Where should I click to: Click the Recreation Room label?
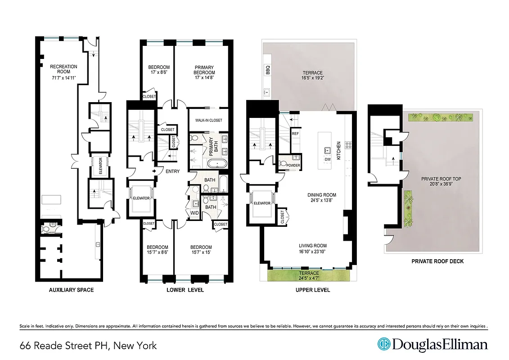pyautogui.click(x=63, y=69)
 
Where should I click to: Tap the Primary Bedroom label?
pyautogui.click(x=204, y=70)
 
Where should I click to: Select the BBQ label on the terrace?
pyautogui.click(x=267, y=71)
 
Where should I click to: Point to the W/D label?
pyautogui.click(x=195, y=213)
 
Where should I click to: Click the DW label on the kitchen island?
pyautogui.click(x=327, y=159)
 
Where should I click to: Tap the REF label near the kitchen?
pyautogui.click(x=295, y=134)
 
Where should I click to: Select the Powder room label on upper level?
pyautogui.click(x=293, y=165)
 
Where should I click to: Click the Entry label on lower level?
pyautogui.click(x=172, y=171)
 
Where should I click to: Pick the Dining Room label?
pyautogui.click(x=322, y=195)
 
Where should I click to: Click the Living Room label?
pyautogui.click(x=312, y=246)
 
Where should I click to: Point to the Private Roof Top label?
pyautogui.click(x=441, y=179)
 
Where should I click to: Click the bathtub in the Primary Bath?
pyautogui.click(x=216, y=164)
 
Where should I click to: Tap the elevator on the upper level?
pyautogui.click(x=262, y=203)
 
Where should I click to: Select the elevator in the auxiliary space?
pyautogui.click(x=100, y=166)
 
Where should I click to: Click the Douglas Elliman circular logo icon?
pyautogui.click(x=383, y=345)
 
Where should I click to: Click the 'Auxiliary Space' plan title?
pyautogui.click(x=71, y=290)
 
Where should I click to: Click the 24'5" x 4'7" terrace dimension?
pyautogui.click(x=309, y=278)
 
